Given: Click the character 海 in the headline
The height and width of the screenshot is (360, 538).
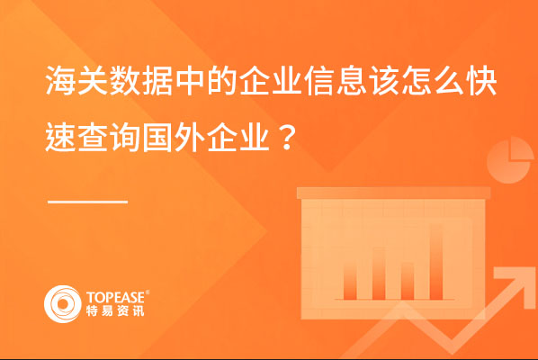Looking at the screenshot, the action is point(61,81).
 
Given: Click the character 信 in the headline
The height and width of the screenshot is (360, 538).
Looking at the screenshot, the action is point(319,81).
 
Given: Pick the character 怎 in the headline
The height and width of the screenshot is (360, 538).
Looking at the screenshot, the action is point(417,81).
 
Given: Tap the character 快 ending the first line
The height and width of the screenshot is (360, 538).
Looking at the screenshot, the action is point(482,81).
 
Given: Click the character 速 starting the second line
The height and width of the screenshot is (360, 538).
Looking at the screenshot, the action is point(61,137).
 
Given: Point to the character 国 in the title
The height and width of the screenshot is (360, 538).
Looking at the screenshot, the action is point(157,137).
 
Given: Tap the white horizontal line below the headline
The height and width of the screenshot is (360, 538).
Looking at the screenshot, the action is point(87,202).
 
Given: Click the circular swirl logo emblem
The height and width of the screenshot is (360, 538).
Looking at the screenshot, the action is point(62,304).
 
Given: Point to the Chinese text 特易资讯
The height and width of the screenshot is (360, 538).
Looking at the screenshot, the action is point(115,310).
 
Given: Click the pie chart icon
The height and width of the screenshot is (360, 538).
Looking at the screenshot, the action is point(510,160).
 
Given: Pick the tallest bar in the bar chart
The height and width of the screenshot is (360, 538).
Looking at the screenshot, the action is point(436,262).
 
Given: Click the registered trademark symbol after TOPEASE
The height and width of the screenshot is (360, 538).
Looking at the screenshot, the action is point(148,292).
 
